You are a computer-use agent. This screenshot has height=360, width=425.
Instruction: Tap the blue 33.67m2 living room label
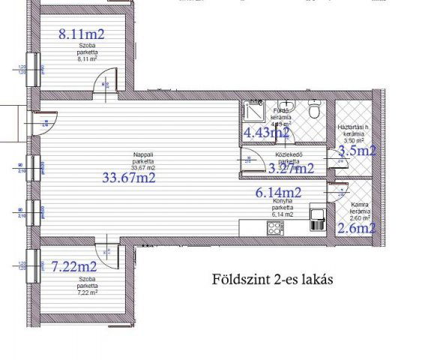pyautogui.click(x=130, y=178)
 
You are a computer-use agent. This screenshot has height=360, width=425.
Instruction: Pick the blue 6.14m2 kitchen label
pyautogui.click(x=278, y=193)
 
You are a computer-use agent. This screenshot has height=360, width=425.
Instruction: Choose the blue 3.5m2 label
pyautogui.click(x=356, y=151)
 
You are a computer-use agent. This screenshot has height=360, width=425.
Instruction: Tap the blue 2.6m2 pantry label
pyautogui.click(x=356, y=229)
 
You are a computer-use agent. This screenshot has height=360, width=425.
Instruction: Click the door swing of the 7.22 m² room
pyautogui.click(x=108, y=253)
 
